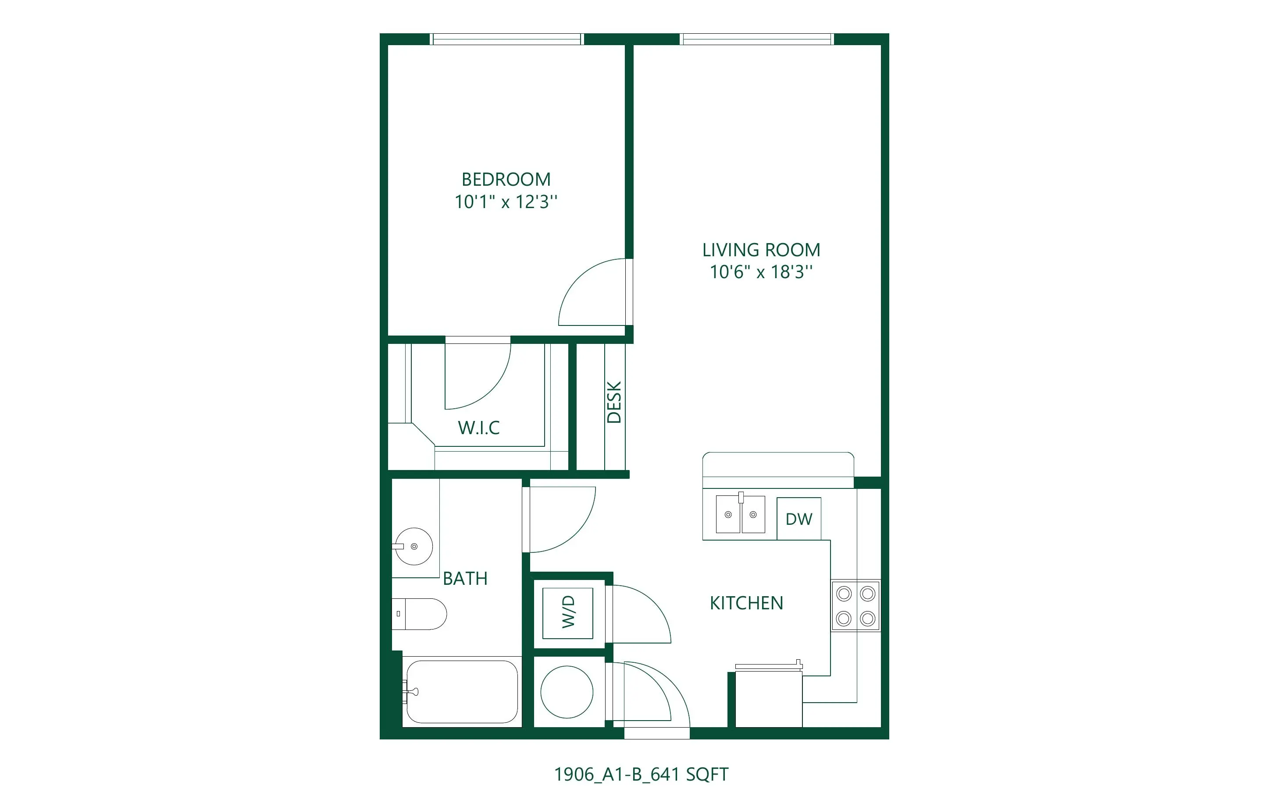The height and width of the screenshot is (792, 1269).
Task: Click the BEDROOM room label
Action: pyautogui.click(x=506, y=180)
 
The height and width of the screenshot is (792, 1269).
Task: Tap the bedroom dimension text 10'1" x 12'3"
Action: pyautogui.click(x=506, y=202)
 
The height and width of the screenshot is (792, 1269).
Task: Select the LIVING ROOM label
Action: pyautogui.click(x=761, y=250)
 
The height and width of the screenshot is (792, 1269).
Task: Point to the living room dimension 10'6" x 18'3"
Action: pyautogui.click(x=761, y=272)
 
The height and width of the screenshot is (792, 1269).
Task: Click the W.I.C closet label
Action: pyautogui.click(x=478, y=428)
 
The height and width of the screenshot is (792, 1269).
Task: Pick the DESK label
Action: pyautogui.click(x=614, y=402)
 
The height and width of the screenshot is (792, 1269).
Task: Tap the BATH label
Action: pyautogui.click(x=465, y=578)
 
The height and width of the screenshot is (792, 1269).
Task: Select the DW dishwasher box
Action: pyautogui.click(x=799, y=519)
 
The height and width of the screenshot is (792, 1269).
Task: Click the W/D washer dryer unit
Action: pyautogui.click(x=568, y=613)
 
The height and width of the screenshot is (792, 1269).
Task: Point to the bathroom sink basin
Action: pyautogui.click(x=413, y=546)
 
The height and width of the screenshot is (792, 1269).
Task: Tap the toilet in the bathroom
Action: pyautogui.click(x=419, y=614)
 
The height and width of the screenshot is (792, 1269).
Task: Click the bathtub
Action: pyautogui.click(x=462, y=692)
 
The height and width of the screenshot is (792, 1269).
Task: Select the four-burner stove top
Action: pyautogui.click(x=856, y=606)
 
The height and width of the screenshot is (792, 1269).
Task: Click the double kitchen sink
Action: pyautogui.click(x=741, y=514)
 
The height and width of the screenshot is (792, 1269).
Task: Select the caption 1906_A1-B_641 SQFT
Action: pyautogui.click(x=641, y=774)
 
